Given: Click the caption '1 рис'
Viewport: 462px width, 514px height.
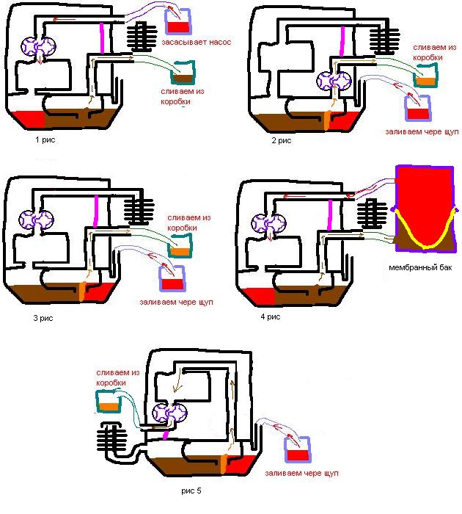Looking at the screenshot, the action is pos(45,140).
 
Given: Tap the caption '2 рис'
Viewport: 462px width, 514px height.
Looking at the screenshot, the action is pos(282,141).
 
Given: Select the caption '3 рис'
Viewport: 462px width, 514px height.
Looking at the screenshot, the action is pos(43,318).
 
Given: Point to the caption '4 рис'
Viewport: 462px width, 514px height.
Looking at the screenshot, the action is pos(271,316).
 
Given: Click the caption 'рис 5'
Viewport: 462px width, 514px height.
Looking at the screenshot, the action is pos(191,491).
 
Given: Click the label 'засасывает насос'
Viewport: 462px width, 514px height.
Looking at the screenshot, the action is pos(196,43).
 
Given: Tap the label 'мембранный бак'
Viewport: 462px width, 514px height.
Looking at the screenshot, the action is pos(420,267).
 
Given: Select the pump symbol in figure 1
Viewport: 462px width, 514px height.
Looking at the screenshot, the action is pos(38,46).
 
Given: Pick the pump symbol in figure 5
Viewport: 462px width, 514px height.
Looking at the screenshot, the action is pos(169,413).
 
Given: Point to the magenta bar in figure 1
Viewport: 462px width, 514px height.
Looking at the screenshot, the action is pos(102,37).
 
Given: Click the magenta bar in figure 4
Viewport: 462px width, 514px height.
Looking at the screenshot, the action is pos(330,215).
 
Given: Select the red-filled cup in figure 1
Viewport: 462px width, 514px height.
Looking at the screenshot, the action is pos(177,21).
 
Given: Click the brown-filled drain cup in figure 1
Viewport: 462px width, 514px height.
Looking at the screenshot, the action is pos(183,73).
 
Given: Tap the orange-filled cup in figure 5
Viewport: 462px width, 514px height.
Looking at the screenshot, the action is pos(109,401).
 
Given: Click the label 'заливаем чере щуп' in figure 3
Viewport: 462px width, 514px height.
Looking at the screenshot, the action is pos(177,303).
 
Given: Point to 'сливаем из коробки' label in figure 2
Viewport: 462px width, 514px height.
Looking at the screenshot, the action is pos(434,52).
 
